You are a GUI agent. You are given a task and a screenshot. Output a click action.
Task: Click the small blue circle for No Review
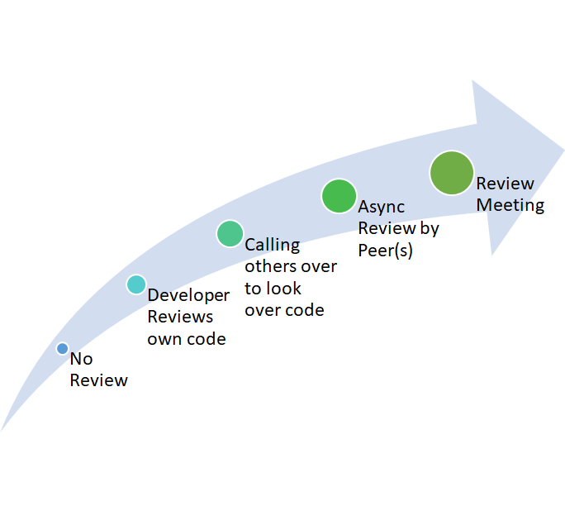62,349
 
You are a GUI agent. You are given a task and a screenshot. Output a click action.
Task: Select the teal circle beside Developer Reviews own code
136,284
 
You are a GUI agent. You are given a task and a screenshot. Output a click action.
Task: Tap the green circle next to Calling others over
230,233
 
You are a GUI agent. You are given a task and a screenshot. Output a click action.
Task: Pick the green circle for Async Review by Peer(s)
338,197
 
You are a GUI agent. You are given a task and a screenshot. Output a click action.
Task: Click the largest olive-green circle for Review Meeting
452,174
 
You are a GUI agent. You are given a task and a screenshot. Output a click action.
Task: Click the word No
81,359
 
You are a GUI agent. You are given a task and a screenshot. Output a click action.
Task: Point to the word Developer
188,295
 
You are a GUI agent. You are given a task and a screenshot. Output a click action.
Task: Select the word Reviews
180,317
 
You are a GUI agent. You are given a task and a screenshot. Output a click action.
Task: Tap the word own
164,339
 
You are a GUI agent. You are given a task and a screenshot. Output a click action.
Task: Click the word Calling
272,245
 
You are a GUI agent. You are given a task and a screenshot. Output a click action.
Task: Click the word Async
381,207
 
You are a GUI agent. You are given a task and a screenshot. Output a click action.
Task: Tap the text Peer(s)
385,250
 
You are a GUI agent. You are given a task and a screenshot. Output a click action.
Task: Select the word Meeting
510,205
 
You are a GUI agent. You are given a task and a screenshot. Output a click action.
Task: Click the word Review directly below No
98,380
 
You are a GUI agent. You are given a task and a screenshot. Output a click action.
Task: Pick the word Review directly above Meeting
505,184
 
